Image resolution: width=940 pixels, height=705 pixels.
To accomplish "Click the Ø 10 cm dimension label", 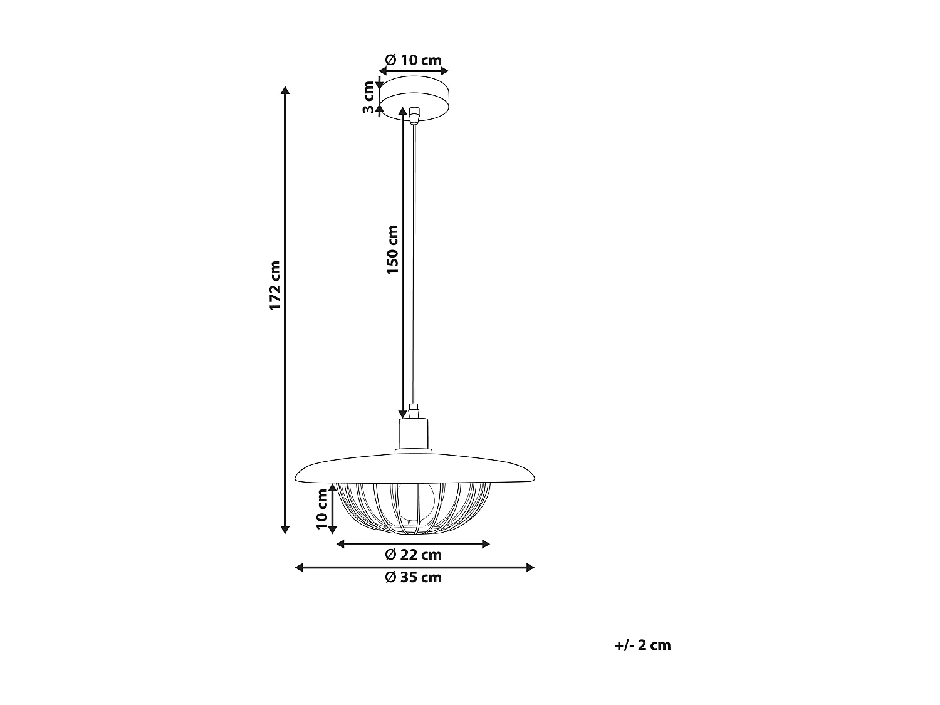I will point(414,60).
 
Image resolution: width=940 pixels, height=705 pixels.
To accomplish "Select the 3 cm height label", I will point(368,98).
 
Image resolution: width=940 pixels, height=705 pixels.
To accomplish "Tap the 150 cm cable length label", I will point(393,249).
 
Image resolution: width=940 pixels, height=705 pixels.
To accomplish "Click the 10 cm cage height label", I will point(322,509).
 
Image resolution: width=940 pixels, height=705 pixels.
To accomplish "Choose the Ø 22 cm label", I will point(414,555).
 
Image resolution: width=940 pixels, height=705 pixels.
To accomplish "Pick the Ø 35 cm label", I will point(414,577).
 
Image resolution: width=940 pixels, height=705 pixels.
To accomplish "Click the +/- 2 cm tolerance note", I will point(643,645).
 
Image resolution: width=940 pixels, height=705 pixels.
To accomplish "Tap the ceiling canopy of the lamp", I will point(414,97).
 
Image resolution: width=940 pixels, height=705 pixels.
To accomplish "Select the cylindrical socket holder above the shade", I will point(414,434).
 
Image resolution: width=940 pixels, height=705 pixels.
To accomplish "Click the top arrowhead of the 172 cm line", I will point(286,90).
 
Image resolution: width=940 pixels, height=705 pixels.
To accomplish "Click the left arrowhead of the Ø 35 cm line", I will point(299,568).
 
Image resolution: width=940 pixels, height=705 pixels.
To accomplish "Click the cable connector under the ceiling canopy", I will point(414,116).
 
